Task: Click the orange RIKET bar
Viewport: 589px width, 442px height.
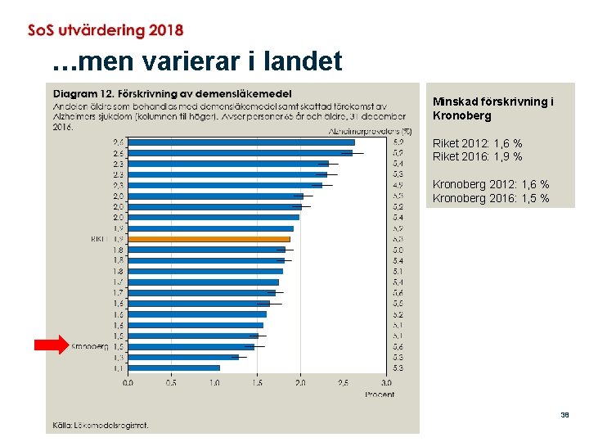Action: (x=209, y=239)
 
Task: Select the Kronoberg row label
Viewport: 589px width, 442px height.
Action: (x=90, y=346)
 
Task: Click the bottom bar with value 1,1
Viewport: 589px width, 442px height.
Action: (x=174, y=368)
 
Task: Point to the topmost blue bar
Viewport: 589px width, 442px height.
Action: (x=241, y=142)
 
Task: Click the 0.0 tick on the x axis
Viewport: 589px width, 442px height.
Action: (x=128, y=382)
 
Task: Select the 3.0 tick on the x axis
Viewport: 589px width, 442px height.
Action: (x=386, y=382)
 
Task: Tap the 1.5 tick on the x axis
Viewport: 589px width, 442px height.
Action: (x=257, y=382)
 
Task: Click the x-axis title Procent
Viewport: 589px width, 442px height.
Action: (x=379, y=395)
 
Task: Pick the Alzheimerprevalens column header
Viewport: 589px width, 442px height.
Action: (x=367, y=130)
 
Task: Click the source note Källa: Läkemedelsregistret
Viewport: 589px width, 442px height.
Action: (x=101, y=425)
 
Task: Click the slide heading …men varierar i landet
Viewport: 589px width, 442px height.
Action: (x=196, y=61)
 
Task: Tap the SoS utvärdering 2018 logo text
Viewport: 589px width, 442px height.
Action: (x=106, y=30)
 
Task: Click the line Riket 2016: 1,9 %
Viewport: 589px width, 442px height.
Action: (x=477, y=156)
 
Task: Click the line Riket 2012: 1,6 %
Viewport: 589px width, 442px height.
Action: (x=477, y=143)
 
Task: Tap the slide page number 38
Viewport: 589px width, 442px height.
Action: (x=564, y=415)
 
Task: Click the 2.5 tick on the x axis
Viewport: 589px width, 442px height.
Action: (x=343, y=382)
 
